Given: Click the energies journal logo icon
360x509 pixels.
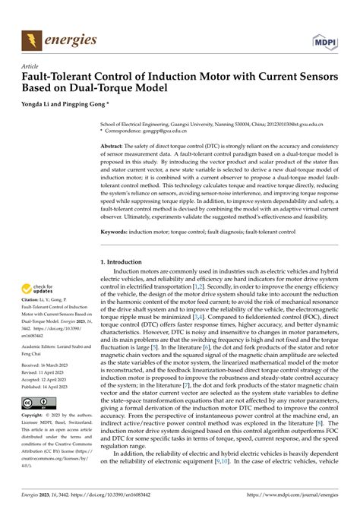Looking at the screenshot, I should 32,40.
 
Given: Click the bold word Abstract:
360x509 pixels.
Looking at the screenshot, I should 115,145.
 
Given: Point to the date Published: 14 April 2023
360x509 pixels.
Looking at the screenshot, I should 50,387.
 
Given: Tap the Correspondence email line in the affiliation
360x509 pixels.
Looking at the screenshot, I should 155,131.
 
